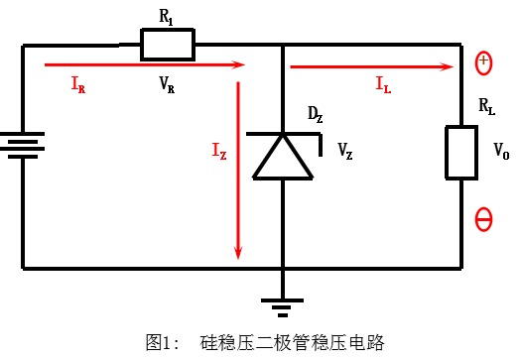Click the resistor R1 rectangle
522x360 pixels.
pos(167,45)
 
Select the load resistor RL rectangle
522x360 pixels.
pos(462,152)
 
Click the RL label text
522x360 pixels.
pos(486,106)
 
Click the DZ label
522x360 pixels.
pos(315,117)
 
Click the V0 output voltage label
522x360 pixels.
pos(501,153)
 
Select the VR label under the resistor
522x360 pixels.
pos(167,85)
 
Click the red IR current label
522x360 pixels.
pos(77,85)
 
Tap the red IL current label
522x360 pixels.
pos(382,85)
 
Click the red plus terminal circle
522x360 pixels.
pos(483,63)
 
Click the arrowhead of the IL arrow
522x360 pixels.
pos(450,66)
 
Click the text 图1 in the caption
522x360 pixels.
pos(160,342)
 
